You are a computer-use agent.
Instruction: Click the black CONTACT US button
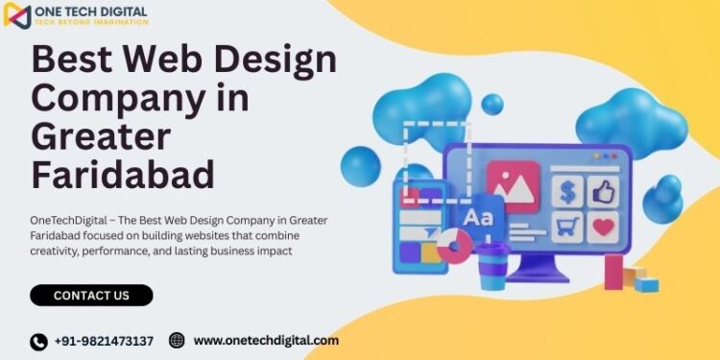click(91, 296)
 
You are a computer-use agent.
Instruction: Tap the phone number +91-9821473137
click(104, 342)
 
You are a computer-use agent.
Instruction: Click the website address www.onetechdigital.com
click(266, 341)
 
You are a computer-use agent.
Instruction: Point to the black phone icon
click(39, 342)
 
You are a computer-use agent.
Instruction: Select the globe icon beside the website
click(177, 340)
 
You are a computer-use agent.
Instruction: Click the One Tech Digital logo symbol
click(17, 15)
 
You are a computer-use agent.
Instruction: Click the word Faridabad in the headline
click(123, 175)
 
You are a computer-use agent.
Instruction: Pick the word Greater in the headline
click(101, 137)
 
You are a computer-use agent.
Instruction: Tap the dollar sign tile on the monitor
click(567, 191)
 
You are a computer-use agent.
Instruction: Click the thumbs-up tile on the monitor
click(604, 191)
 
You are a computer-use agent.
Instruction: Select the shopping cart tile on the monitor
click(567, 227)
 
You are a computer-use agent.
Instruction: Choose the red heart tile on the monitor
click(604, 227)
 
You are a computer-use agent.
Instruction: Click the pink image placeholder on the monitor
click(514, 187)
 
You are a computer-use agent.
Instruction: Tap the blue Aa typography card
click(478, 218)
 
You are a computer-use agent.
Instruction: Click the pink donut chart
click(454, 246)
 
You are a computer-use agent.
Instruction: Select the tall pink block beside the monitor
click(613, 273)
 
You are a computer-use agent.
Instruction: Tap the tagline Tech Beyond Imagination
click(97, 22)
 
